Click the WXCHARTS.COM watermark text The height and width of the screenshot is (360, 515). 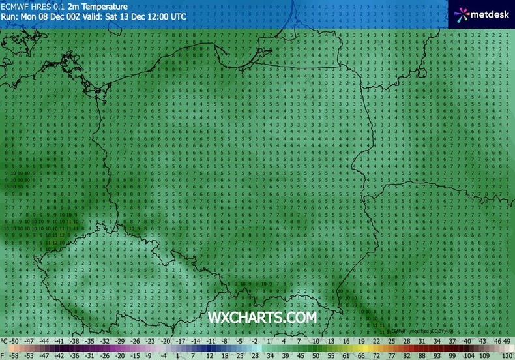262,318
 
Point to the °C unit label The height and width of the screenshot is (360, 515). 5,341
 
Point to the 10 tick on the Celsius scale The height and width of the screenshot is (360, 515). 316,341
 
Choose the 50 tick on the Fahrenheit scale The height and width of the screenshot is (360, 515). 316,355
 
